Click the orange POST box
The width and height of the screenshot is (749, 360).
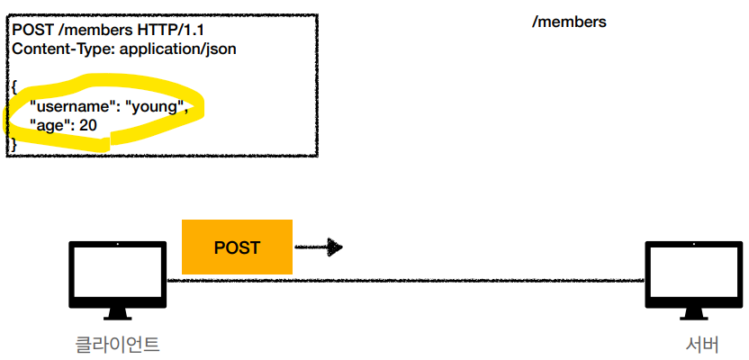click(237, 247)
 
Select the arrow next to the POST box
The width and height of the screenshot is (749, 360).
click(320, 247)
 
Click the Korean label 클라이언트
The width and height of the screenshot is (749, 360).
click(118, 344)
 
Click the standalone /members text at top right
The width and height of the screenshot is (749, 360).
click(569, 22)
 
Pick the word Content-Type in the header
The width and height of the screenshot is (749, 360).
click(55, 48)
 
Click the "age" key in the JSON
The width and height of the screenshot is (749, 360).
click(50, 125)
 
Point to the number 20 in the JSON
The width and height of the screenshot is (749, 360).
click(88, 125)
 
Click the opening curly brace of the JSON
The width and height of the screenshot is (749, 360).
click(15, 88)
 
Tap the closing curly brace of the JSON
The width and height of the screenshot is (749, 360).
click(14, 143)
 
